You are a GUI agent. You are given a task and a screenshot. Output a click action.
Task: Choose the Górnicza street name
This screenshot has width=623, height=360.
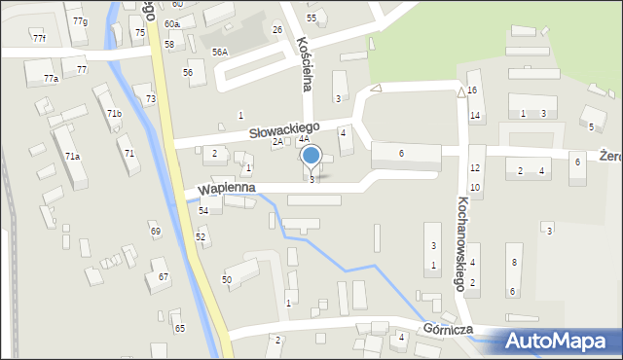[448, 330]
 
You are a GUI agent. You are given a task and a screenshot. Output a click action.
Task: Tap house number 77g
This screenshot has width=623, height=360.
[79, 21]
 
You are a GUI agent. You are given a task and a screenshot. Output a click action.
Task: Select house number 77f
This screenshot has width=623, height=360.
[39, 38]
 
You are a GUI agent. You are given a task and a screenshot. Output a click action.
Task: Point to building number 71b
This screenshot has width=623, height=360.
[114, 114]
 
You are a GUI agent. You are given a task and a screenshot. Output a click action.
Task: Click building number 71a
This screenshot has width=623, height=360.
[72, 156]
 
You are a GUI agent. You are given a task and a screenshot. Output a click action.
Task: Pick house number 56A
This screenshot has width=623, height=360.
[220, 53]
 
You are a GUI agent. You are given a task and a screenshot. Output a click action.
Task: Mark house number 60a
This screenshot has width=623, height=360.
[171, 23]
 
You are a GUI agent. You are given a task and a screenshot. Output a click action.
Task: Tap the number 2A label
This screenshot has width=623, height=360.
[277, 142]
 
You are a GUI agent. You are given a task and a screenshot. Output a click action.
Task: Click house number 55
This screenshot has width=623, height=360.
[311, 18]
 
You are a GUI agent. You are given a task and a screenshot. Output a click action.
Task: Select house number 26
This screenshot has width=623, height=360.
[277, 30]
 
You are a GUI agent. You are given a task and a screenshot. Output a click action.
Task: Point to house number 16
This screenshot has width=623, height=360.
[472, 90]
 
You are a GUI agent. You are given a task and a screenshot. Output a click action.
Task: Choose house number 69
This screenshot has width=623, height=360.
[155, 231]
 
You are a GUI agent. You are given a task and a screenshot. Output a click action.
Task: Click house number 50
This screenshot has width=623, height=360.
[227, 280]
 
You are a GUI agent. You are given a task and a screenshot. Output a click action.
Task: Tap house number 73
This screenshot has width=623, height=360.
[151, 99]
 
